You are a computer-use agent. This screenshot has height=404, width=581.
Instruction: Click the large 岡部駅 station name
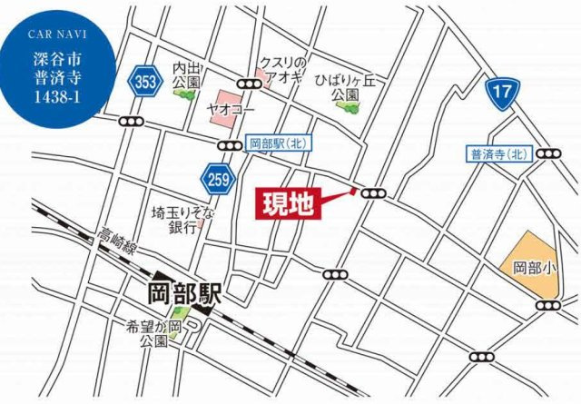click(185, 294)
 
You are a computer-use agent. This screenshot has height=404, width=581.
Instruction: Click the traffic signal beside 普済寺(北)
click(548, 153)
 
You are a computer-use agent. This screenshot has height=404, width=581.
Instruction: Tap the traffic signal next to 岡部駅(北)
click(229, 144)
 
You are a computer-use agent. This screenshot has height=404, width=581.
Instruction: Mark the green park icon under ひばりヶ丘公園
click(347, 106)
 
